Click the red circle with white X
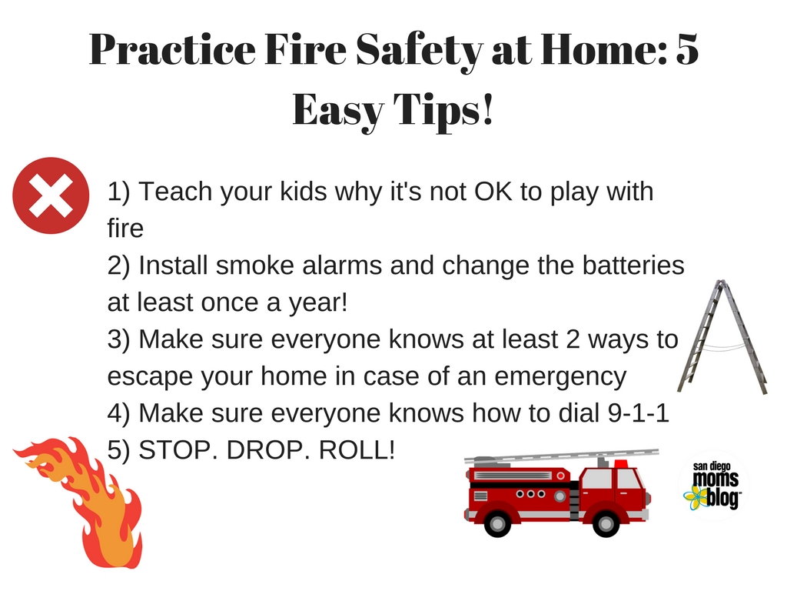(51, 195)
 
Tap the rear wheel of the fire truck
(497, 523)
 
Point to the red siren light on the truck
(621, 463)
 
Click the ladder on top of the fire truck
(561, 456)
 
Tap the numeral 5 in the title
(687, 49)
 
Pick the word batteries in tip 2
(633, 265)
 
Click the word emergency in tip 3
(560, 377)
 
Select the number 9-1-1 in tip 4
(639, 413)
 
